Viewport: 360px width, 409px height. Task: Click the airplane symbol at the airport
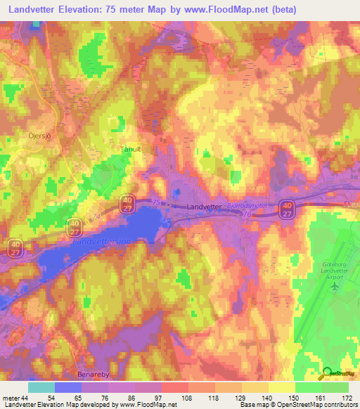335,287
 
